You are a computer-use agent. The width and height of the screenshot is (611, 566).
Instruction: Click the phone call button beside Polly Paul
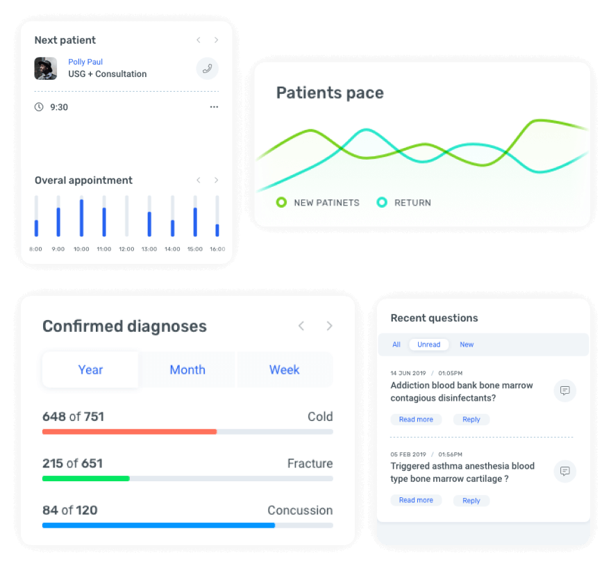(207, 69)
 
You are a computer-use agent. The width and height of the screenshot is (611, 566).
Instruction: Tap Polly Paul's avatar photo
(46, 68)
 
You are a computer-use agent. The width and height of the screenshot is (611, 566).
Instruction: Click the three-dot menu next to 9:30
(214, 107)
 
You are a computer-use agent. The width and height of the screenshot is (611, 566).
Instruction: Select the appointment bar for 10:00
(81, 217)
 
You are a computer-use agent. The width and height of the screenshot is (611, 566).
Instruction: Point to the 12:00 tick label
(126, 249)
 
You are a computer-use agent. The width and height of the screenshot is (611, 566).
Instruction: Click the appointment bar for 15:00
(195, 222)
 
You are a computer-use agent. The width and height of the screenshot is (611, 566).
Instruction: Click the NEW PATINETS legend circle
(281, 203)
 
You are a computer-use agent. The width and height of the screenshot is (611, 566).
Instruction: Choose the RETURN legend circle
(382, 203)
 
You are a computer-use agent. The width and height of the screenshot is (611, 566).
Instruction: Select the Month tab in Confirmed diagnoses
(187, 369)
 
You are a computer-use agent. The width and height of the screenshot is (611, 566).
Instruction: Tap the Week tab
(285, 369)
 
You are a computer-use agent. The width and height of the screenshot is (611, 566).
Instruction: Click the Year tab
(90, 369)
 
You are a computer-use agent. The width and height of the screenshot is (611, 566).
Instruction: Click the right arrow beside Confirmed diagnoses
(330, 326)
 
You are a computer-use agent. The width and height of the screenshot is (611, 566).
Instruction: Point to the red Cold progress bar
(129, 431)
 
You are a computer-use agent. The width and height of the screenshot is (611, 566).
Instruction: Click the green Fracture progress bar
(86, 478)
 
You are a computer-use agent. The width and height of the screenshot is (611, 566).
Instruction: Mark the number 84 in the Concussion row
(50, 510)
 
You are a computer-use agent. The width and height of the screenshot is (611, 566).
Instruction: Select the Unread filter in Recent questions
(428, 344)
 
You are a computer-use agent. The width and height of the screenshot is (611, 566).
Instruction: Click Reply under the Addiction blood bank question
(471, 419)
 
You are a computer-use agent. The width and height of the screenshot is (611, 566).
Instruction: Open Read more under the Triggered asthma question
(416, 500)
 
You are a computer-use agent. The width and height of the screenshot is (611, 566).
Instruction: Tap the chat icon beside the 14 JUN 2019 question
(565, 391)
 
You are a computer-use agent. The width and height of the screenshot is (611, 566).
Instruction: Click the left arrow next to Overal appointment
(198, 180)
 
